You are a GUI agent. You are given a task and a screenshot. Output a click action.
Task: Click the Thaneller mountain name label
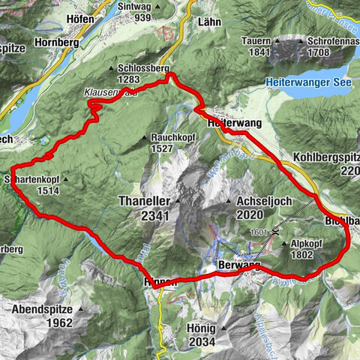(146, 202)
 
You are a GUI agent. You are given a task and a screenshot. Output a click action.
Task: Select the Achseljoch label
(263, 202)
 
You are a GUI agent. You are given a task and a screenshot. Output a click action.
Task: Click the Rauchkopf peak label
(170, 138)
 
